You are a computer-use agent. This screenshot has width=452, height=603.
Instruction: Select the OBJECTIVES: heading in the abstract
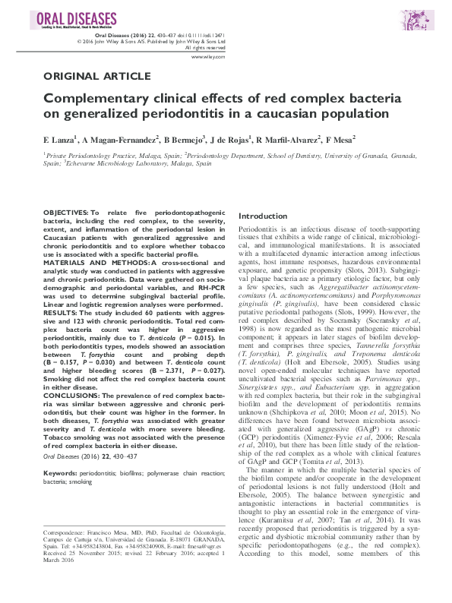(x=66, y=210)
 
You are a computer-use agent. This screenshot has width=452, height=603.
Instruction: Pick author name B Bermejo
(x=184, y=140)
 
